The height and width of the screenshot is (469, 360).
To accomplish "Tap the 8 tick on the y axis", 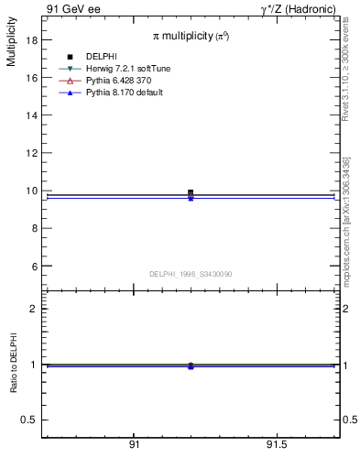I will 32,228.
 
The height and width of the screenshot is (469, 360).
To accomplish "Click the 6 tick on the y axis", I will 32,266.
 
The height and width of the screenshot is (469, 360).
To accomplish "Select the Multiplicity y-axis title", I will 11,47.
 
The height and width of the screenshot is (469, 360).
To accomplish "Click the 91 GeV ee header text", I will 74,8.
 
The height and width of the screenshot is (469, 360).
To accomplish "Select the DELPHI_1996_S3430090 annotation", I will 191,274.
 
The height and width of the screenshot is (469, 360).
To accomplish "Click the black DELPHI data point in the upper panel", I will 191,192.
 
